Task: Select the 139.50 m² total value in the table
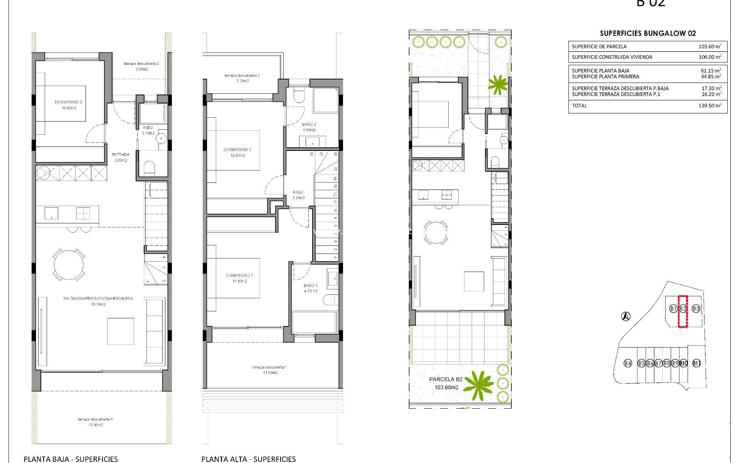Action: (710, 106)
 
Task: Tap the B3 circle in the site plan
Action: (696, 309)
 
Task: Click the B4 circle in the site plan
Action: (628, 363)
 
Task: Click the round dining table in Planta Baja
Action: (69, 265)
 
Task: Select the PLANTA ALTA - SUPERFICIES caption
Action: (249, 459)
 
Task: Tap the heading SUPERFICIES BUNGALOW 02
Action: (648, 34)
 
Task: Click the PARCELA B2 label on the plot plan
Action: (446, 379)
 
